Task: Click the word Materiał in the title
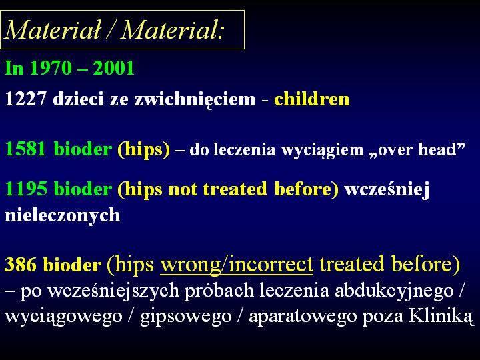pyautogui.click(x=53, y=30)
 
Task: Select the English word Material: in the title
pyautogui.click(x=173, y=30)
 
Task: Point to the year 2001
pyautogui.click(x=113, y=67)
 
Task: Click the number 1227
pyautogui.click(x=26, y=99)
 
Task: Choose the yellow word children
pyautogui.click(x=311, y=99)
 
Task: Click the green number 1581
pyautogui.click(x=26, y=149)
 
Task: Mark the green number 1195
pyautogui.click(x=26, y=188)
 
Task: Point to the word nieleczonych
pyautogui.click(x=63, y=215)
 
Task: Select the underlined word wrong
pyautogui.click(x=190, y=265)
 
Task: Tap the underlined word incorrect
pyautogui.click(x=271, y=264)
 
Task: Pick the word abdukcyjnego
pyautogui.click(x=394, y=291)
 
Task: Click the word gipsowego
pyautogui.click(x=186, y=317)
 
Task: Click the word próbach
pyautogui.click(x=219, y=291)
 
